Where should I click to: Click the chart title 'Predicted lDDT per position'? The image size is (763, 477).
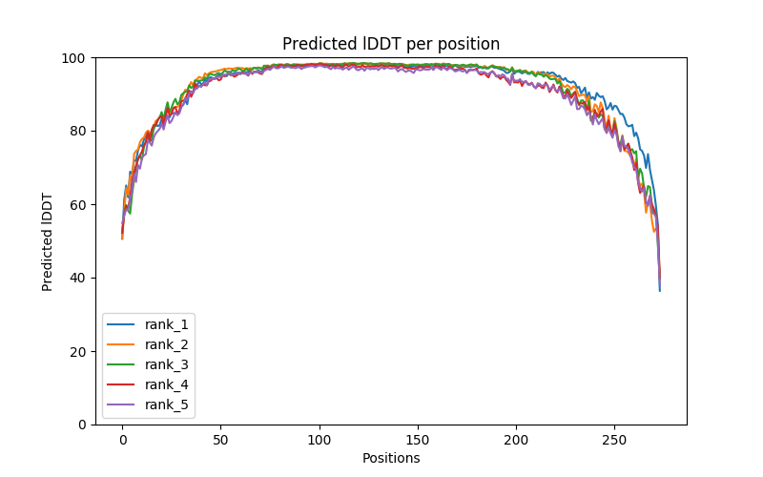click(x=391, y=44)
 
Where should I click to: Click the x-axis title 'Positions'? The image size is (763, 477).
click(x=391, y=458)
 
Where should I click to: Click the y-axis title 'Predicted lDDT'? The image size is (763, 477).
click(x=48, y=241)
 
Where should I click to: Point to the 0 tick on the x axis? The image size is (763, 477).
click(x=122, y=439)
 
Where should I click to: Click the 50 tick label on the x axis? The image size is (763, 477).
click(x=220, y=439)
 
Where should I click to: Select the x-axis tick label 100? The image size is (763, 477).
click(x=320, y=439)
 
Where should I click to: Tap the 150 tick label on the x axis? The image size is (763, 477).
click(x=418, y=439)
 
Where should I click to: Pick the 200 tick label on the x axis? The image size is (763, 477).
click(x=516, y=439)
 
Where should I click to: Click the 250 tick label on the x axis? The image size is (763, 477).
click(x=614, y=439)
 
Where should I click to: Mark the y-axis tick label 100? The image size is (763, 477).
click(x=76, y=57)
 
